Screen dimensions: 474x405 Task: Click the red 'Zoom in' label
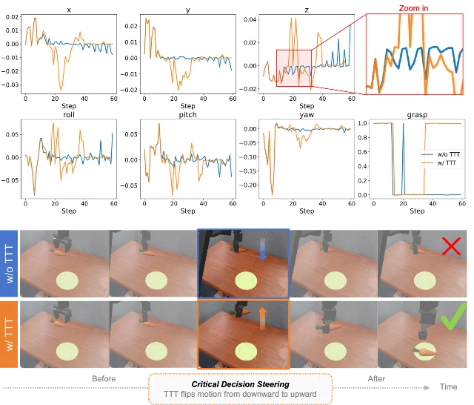click(413, 8)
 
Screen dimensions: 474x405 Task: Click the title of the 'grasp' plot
click(417, 115)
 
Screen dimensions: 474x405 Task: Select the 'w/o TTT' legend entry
click(441, 154)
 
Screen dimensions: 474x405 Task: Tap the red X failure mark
click(451, 246)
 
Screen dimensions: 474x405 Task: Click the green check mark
click(453, 317)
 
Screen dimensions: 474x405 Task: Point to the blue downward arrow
click(262, 248)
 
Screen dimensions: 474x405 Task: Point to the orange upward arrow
click(262, 318)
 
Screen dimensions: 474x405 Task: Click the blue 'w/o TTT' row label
click(9, 263)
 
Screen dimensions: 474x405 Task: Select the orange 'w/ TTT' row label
click(9, 335)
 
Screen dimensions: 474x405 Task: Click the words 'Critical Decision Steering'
click(240, 384)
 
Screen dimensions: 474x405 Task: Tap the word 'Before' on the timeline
click(104, 378)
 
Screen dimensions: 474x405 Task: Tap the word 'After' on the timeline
click(376, 378)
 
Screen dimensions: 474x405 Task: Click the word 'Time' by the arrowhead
click(448, 386)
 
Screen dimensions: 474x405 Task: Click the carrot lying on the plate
click(426, 352)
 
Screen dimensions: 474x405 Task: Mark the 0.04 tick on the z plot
click(250, 20)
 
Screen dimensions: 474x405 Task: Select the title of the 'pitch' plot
click(187, 115)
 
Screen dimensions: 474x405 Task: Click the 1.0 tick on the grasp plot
click(362, 123)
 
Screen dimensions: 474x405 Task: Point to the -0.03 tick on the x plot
click(10, 85)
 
